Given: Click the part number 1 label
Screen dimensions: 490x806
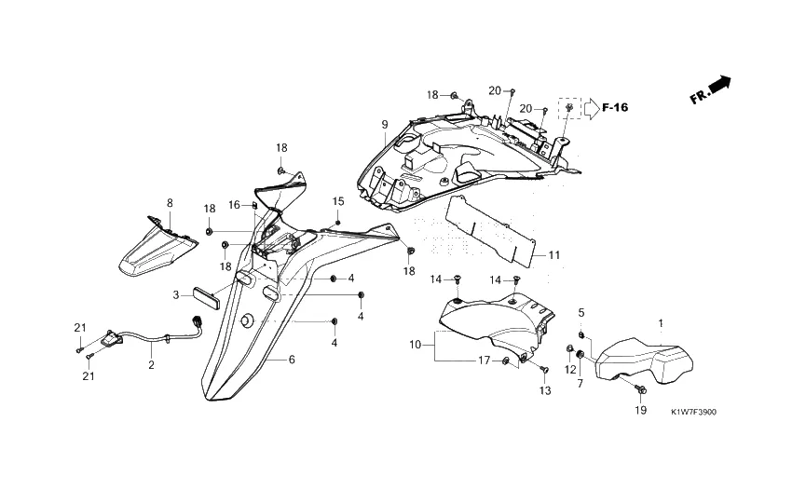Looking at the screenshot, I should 661,323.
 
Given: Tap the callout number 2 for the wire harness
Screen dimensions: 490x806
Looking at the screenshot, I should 151,365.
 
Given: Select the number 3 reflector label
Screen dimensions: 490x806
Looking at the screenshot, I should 175,295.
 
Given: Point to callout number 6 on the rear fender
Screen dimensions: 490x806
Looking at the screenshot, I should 292,360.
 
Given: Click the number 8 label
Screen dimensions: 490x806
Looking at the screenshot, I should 170,202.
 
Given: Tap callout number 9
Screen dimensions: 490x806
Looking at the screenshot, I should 384,125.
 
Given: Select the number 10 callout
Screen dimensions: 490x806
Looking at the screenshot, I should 416,345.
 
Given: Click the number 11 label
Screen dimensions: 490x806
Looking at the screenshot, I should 553,255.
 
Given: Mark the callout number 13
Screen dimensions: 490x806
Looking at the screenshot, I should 545,391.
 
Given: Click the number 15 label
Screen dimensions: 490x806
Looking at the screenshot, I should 338,201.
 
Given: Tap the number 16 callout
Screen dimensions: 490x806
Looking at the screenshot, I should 234,205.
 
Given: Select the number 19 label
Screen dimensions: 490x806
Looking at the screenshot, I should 641,410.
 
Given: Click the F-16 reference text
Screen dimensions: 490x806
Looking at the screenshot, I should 615,108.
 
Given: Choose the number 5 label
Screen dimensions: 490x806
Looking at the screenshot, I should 581,312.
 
